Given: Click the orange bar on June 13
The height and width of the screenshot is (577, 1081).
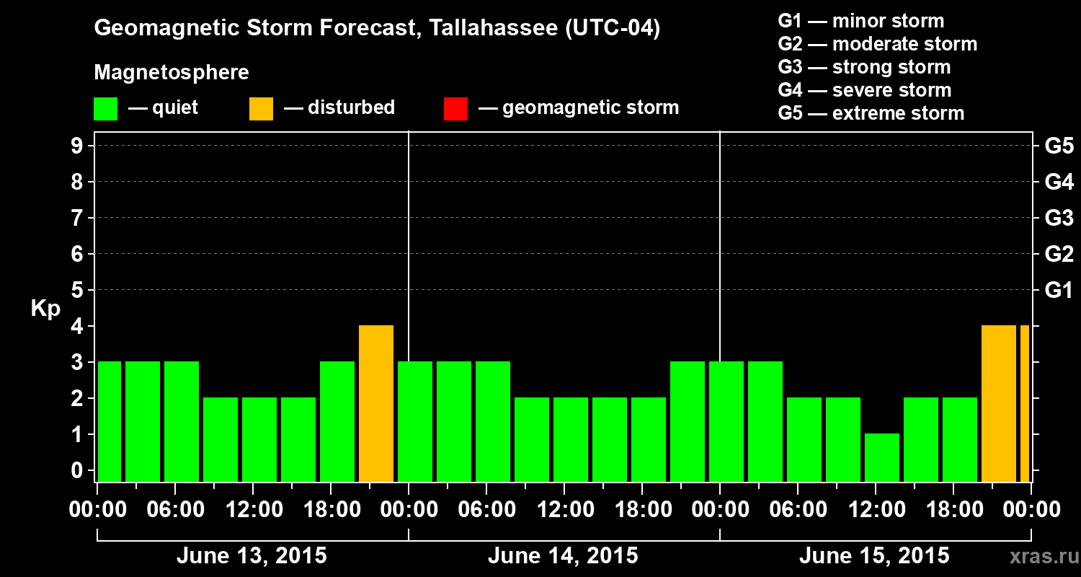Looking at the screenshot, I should tap(376, 403).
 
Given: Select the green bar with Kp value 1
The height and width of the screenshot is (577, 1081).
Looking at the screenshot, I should tap(882, 457).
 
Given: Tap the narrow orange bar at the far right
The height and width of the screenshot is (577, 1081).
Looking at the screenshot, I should tap(1024, 403).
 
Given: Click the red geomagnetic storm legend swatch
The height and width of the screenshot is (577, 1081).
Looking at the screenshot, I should tap(455, 109).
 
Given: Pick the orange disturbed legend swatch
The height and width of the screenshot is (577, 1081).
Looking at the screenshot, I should tap(261, 109).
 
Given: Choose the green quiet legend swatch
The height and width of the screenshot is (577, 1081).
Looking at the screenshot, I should tap(105, 109).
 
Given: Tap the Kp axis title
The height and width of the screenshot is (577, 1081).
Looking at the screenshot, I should tap(45, 309).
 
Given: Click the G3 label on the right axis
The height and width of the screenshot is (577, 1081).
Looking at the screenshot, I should tap(1059, 218).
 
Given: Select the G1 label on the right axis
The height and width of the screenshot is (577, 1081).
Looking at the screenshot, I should tap(1059, 291).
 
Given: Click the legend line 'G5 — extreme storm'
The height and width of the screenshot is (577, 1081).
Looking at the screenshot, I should tap(871, 113).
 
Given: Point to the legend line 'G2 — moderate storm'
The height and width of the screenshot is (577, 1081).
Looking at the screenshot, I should tap(877, 44).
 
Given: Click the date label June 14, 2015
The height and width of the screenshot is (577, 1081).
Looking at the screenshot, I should tap(563, 556).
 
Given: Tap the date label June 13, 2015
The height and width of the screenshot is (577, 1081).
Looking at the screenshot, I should tap(252, 556).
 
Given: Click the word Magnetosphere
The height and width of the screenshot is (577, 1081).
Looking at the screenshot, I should tap(172, 73).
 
